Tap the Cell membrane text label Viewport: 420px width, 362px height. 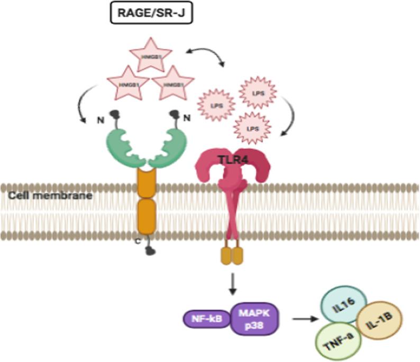[35, 195]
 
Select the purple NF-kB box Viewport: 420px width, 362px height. [206, 319]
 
